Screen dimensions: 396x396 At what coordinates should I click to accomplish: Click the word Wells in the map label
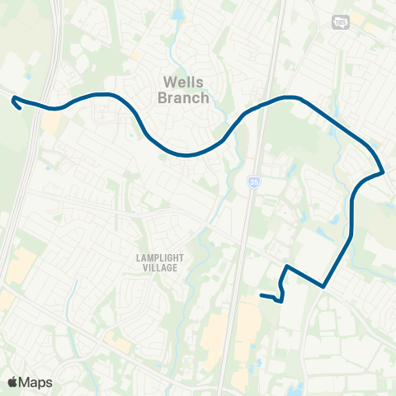[x=183, y=82]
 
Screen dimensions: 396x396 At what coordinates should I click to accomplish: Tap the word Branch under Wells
[x=183, y=97]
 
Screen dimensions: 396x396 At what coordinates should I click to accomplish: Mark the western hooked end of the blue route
[x=14, y=101]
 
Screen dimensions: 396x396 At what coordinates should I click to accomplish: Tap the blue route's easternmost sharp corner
[x=384, y=172]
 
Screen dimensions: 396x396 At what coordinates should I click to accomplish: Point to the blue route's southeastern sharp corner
[x=323, y=286]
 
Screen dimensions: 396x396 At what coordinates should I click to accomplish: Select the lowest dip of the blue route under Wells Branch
[x=188, y=154]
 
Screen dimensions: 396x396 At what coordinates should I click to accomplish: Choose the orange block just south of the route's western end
[x=51, y=124]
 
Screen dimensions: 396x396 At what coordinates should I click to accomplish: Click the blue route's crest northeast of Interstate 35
[x=290, y=97]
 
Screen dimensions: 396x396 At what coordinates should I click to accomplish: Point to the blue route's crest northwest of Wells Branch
[x=103, y=95]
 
